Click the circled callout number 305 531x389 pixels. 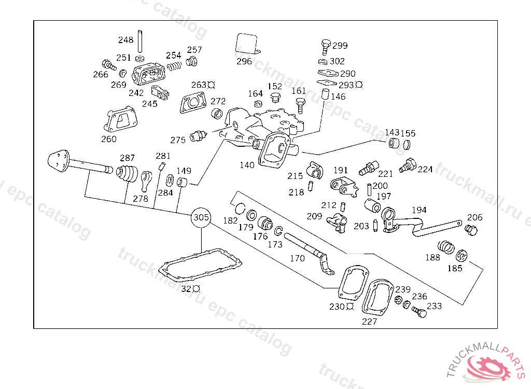(x=201, y=218)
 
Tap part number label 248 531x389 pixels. (x=125, y=40)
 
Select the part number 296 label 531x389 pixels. (x=244, y=61)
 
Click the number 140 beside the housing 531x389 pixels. (x=247, y=165)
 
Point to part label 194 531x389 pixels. (x=419, y=210)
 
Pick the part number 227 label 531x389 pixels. (x=369, y=322)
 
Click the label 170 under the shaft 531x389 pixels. (x=297, y=258)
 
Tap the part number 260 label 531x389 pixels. (x=109, y=139)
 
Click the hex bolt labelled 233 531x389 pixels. (x=419, y=312)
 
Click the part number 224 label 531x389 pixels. (x=425, y=170)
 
